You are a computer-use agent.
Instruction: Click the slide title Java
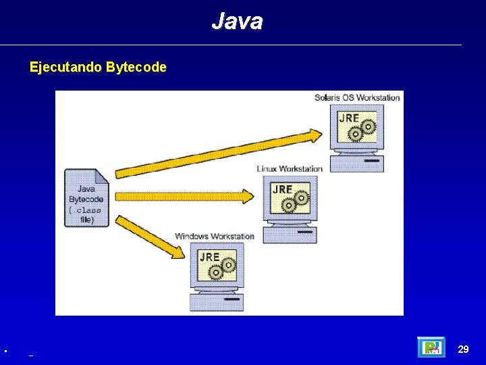point(237,22)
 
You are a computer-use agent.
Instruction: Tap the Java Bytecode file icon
point(86,198)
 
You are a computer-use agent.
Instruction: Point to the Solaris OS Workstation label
point(357,97)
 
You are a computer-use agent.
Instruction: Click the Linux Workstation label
point(290,168)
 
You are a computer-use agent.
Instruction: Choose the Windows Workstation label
point(215,236)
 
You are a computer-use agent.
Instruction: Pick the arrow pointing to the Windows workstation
point(152,237)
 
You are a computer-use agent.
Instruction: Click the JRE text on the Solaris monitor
point(349,118)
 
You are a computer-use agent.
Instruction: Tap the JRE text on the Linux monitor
point(282,189)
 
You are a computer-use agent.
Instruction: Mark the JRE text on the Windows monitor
point(209,257)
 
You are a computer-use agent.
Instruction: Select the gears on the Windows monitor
point(222,269)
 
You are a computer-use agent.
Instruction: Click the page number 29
point(463,349)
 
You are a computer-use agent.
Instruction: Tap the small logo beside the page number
point(431,347)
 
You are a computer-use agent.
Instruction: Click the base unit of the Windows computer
point(216,301)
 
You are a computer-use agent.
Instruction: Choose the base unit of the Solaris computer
point(357,163)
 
